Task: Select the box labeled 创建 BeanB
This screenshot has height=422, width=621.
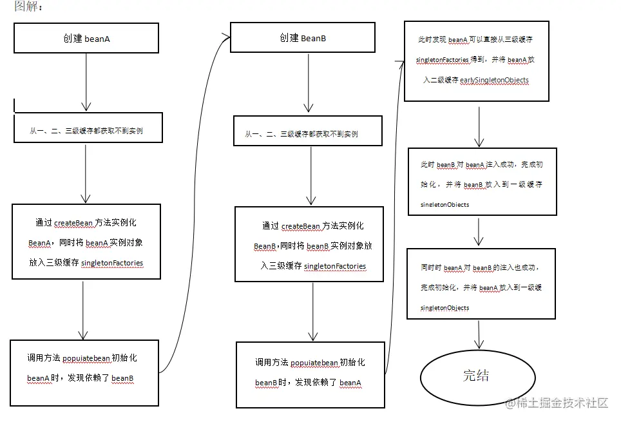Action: click(302, 39)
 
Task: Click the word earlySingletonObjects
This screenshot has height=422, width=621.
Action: click(494, 81)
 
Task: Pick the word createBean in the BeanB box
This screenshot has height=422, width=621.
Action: click(301, 226)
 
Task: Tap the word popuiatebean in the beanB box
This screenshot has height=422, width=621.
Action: click(311, 363)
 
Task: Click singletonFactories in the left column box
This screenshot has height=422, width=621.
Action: click(112, 264)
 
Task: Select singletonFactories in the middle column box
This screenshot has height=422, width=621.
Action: click(334, 266)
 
